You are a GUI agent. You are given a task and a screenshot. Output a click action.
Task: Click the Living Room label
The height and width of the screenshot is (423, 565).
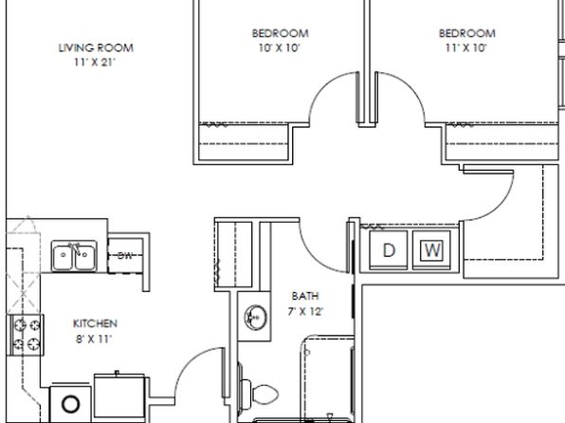tap(96, 48)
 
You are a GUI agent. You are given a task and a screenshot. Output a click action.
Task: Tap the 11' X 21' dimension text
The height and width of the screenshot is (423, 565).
tap(95, 63)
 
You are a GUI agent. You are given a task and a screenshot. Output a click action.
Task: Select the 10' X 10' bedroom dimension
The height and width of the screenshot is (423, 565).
tap(280, 47)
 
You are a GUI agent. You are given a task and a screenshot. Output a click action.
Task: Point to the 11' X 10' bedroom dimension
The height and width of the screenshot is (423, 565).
tap(466, 47)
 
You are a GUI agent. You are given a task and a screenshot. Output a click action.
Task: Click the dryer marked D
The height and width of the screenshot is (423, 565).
tap(389, 249)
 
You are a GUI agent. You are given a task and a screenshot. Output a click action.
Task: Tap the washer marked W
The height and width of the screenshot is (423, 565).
tap(431, 249)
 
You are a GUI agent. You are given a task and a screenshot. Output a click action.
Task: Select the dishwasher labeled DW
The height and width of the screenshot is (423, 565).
tap(125, 255)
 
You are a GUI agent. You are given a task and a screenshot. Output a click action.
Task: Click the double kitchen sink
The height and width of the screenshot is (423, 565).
tap(74, 256)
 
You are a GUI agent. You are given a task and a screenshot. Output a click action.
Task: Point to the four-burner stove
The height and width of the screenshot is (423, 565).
tap(26, 335)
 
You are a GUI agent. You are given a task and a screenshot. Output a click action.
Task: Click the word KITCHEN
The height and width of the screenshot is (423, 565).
tap(95, 323)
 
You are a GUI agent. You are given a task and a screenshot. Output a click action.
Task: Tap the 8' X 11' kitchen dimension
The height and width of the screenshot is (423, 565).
tap(94, 339)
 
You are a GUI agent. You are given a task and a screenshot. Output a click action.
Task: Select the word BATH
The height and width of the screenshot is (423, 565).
tap(305, 296)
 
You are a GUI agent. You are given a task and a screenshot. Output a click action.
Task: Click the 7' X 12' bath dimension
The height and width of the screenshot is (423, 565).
tap(305, 311)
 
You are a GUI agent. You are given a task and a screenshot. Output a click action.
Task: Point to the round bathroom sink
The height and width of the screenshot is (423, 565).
tap(256, 318)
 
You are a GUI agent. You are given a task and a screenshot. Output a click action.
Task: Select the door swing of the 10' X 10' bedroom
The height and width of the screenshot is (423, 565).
tap(322, 86)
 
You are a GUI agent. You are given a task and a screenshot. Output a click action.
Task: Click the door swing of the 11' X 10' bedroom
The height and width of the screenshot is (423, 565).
tap(411, 86)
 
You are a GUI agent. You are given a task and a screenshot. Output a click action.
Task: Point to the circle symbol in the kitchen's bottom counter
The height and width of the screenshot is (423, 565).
tap(70, 404)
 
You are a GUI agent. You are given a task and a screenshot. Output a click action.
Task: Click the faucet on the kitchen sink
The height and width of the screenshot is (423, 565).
tap(76, 248)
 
